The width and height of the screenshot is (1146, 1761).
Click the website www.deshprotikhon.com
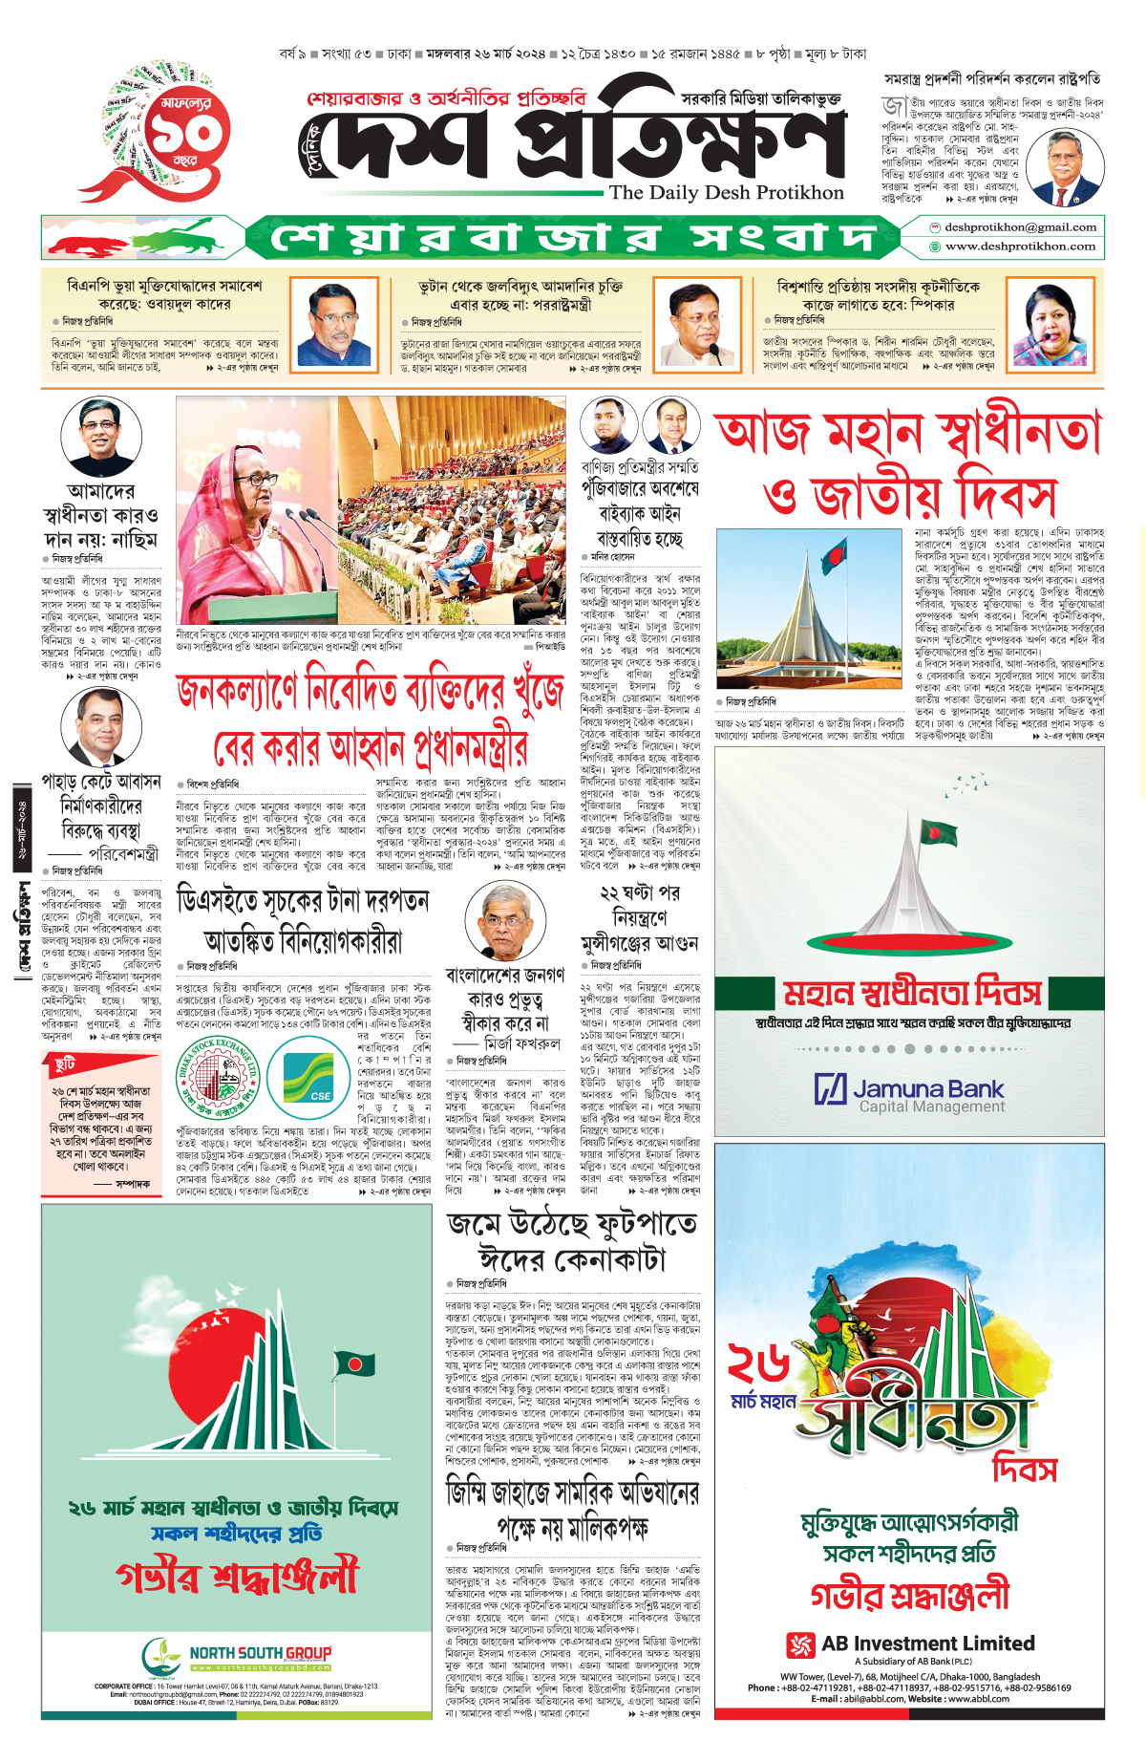pyautogui.click(x=1020, y=247)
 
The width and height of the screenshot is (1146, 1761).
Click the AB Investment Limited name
pyautogui.click(x=927, y=1643)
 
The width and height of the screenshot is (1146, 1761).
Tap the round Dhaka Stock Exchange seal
pyautogui.click(x=219, y=1078)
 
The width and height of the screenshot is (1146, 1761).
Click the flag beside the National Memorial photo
pyautogui.click(x=833, y=551)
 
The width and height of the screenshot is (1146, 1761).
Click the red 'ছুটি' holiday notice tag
pyautogui.click(x=65, y=1063)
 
